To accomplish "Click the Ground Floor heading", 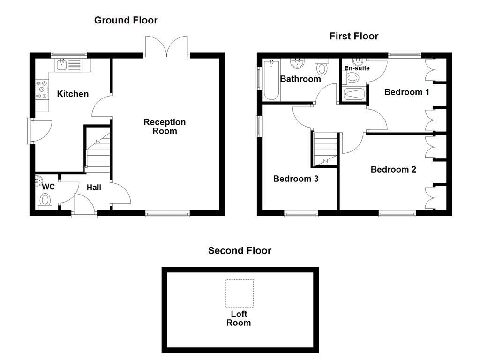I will pyautogui.click(x=126, y=20).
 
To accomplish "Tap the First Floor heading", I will pyautogui.click(x=353, y=36).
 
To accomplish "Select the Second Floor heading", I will pyautogui.click(x=240, y=251).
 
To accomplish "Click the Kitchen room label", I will pyautogui.click(x=73, y=94).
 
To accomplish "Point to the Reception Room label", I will pyautogui.click(x=165, y=127).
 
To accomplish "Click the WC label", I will pyautogui.click(x=48, y=187).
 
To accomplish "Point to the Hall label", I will pyautogui.click(x=94, y=187).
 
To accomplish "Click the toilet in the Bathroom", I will pyautogui.click(x=322, y=67).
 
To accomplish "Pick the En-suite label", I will pyautogui.click(x=357, y=68).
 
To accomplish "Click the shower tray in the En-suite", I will pyautogui.click(x=353, y=94).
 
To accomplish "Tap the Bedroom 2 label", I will pyautogui.click(x=393, y=170).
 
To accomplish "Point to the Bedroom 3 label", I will pyautogui.click(x=296, y=179).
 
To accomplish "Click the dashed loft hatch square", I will pyautogui.click(x=240, y=293).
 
